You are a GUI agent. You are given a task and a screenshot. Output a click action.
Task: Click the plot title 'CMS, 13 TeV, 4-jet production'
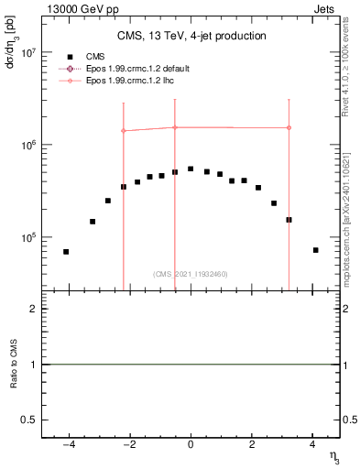(191, 36)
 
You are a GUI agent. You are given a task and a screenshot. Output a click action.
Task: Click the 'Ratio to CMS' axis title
(13, 365)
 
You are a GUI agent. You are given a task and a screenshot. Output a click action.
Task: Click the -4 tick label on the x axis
(68, 447)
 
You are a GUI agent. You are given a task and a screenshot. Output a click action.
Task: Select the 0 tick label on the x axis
(191, 447)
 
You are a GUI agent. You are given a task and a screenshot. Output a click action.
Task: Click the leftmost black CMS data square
(66, 252)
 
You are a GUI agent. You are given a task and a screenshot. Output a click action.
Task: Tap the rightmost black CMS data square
(315, 250)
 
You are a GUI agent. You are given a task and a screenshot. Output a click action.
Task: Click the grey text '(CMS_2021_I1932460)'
(191, 274)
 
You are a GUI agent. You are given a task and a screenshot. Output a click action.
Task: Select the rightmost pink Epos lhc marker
(289, 127)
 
